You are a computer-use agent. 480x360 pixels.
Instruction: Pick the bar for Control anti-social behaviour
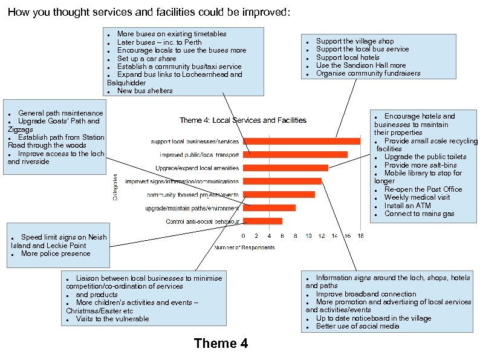coord(262,221)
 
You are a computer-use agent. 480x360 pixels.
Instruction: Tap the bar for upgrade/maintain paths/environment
coord(269,208)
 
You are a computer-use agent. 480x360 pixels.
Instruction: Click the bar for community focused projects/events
coord(279,194)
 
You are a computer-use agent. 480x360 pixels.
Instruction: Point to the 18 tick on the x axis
coord(360,236)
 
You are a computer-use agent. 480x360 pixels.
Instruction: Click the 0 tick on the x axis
coord(244,236)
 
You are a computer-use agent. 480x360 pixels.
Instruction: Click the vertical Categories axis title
coord(116,187)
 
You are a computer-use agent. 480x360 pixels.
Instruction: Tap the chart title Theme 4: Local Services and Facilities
coord(242,120)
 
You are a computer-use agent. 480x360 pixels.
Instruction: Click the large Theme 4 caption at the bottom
coord(221,344)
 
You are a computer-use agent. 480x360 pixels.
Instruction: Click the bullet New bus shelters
coord(144,91)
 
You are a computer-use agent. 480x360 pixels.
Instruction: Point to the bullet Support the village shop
coord(354,41)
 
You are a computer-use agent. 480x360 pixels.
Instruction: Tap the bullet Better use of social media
coord(357,326)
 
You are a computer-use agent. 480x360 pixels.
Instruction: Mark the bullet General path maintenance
coord(60,113)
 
